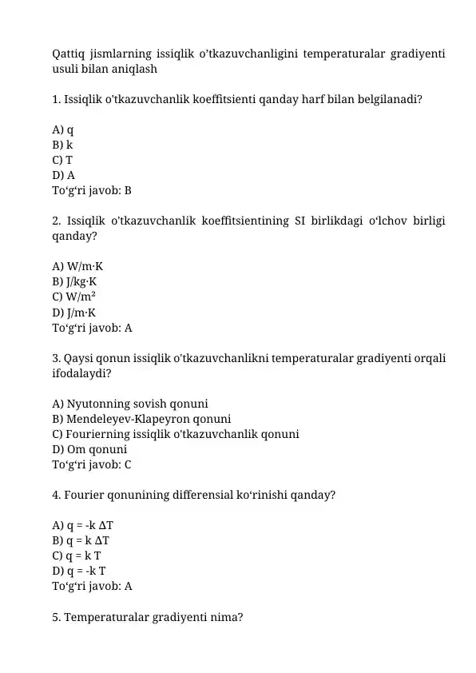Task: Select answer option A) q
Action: (x=63, y=129)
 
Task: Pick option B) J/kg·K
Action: (x=75, y=281)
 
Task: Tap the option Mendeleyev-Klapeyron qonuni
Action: (x=141, y=418)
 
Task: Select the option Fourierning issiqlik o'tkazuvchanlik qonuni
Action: (x=176, y=434)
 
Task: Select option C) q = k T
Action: (x=77, y=556)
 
